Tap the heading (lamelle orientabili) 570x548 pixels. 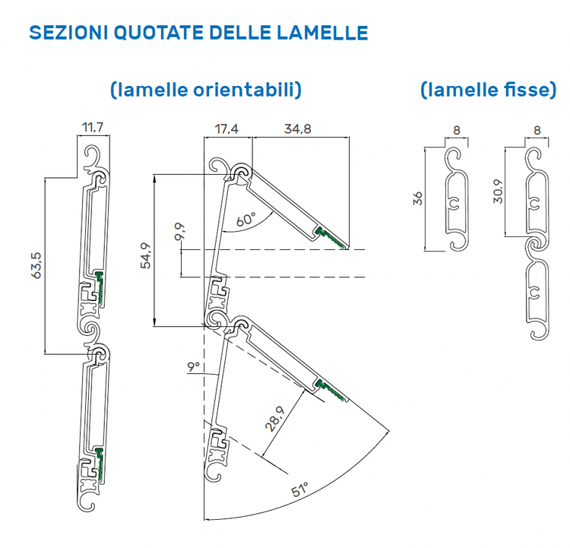coord(205,90)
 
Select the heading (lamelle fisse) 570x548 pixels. coord(488,90)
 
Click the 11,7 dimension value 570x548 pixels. coord(93,128)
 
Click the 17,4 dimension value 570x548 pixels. coord(227,129)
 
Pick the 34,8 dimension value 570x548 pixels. coord(297,129)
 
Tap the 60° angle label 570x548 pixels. coord(245,220)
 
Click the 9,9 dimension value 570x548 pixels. coord(179,233)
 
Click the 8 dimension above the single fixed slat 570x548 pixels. coord(456,130)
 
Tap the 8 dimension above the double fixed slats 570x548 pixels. coord(537,130)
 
